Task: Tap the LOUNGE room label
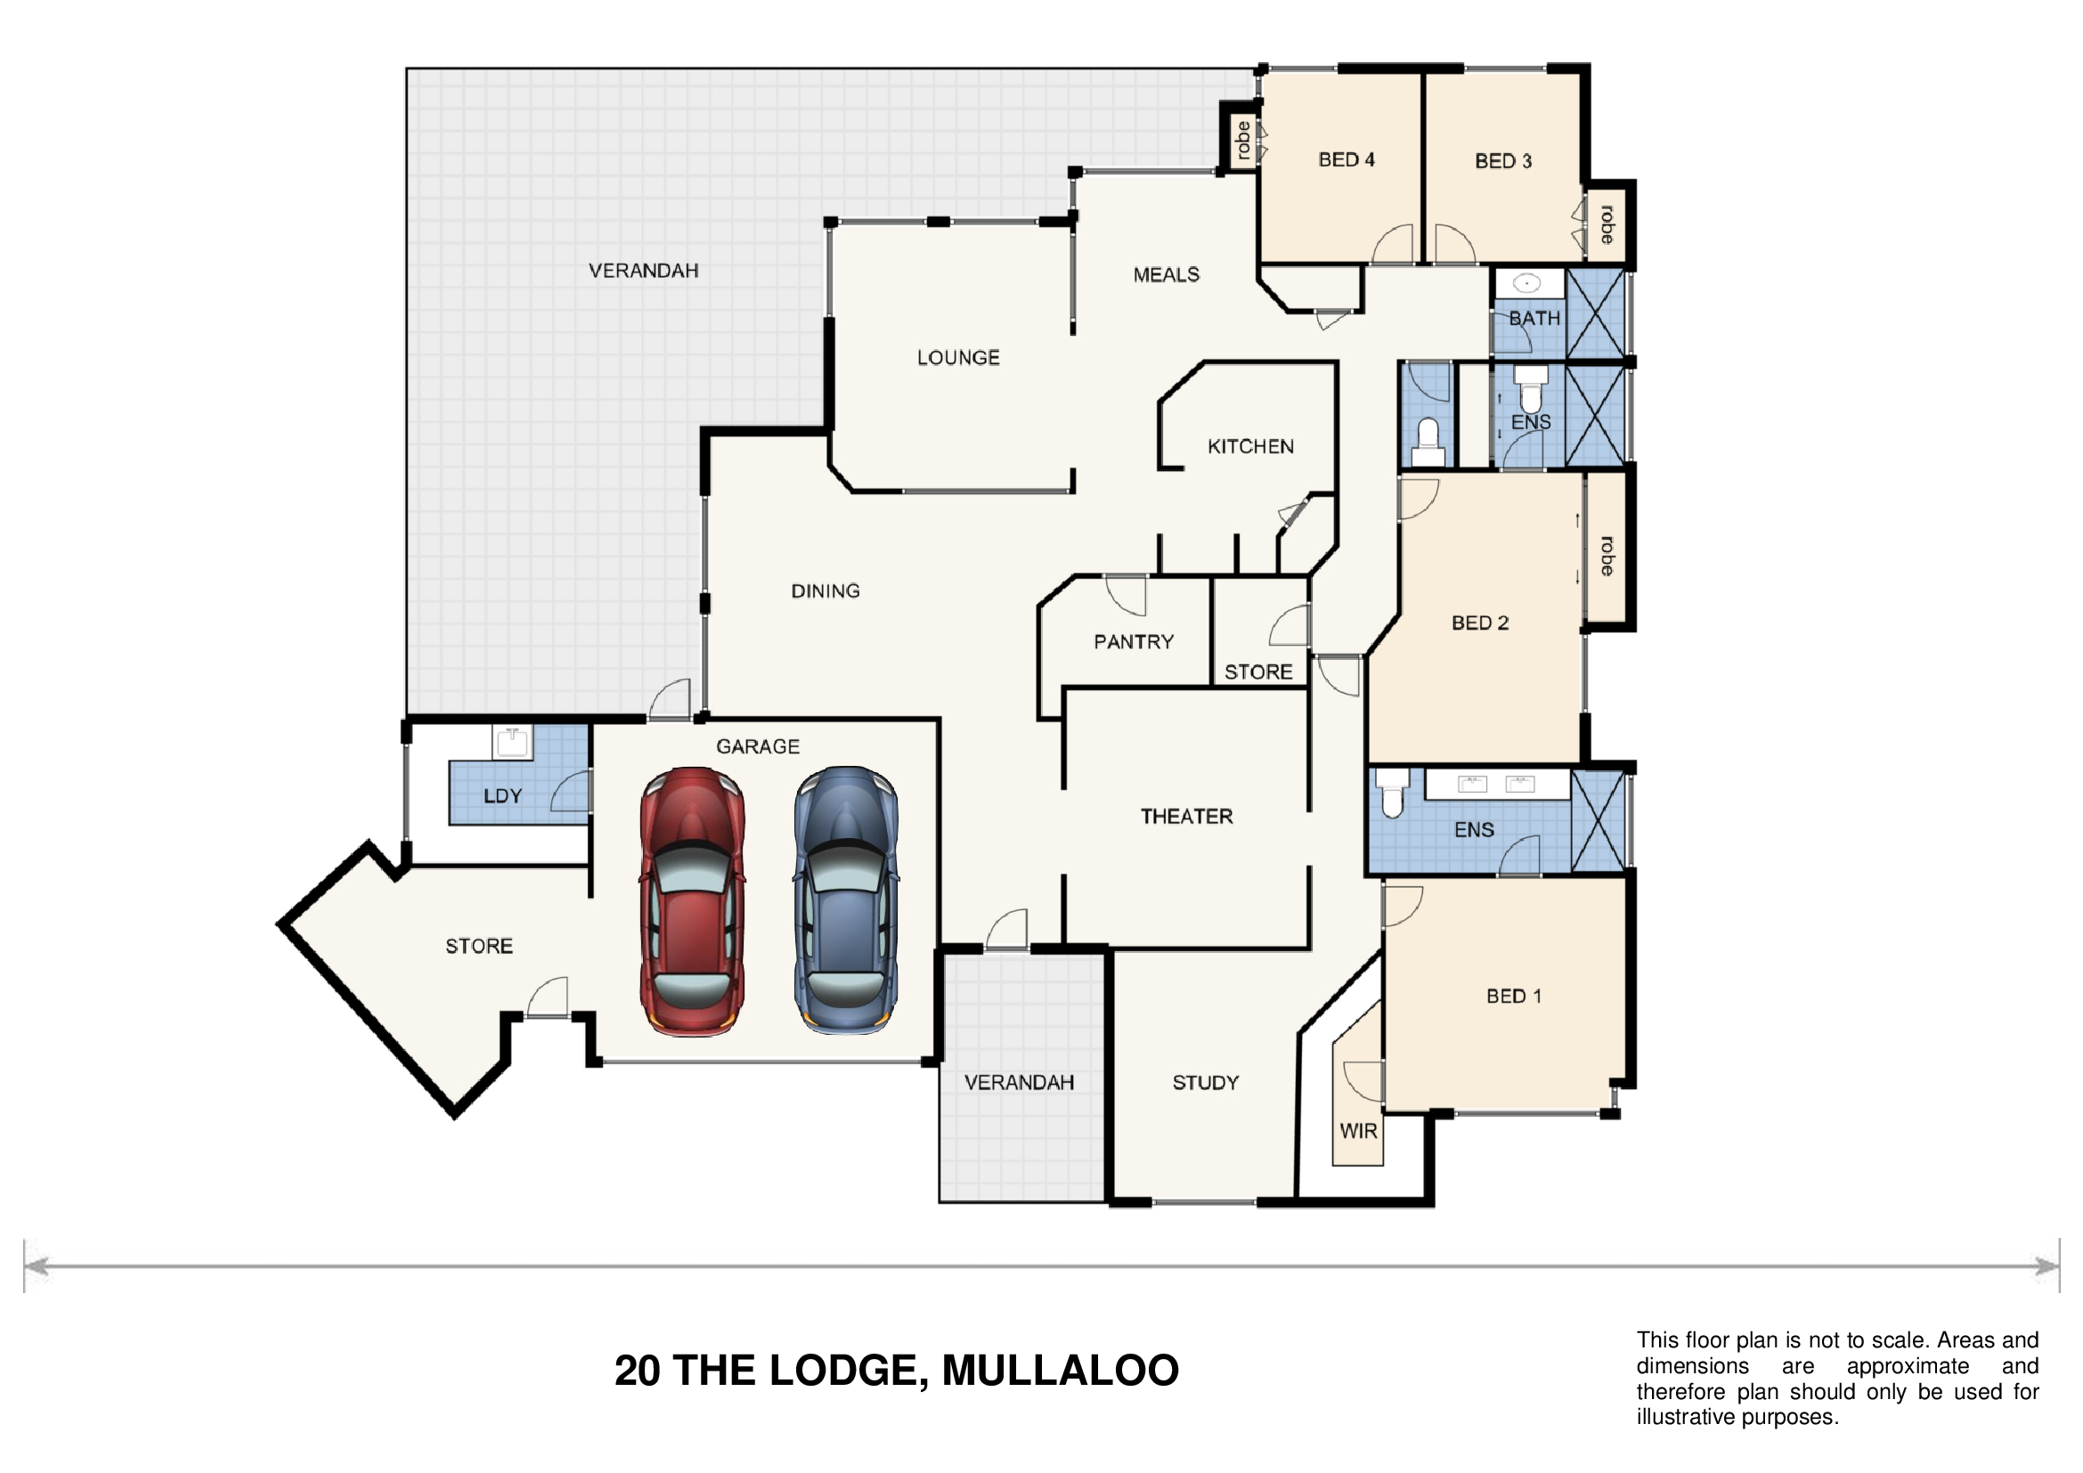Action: coord(958,357)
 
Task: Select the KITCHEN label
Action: coord(1250,446)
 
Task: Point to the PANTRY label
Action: coord(1133,642)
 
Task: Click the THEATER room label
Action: coord(1186,817)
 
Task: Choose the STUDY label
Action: coord(1205,1082)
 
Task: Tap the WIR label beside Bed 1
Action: coord(1358,1131)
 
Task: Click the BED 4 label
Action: coord(1347,159)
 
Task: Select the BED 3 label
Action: coord(1503,160)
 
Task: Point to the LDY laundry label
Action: coord(502,796)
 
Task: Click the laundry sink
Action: coord(513,742)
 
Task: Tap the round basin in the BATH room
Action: coord(1527,284)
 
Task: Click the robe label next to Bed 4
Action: coord(1243,141)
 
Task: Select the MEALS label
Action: coord(1166,275)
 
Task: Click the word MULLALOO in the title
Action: coord(1060,1371)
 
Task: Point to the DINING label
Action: coord(825,591)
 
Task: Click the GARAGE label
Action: coord(758,746)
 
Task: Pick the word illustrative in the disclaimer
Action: coord(1685,1418)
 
